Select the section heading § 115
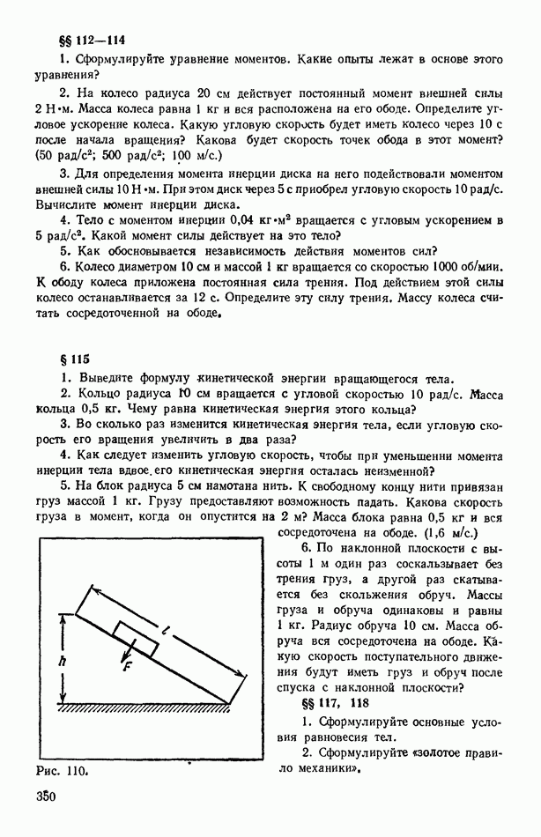(x=71, y=359)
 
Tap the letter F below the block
(x=127, y=668)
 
